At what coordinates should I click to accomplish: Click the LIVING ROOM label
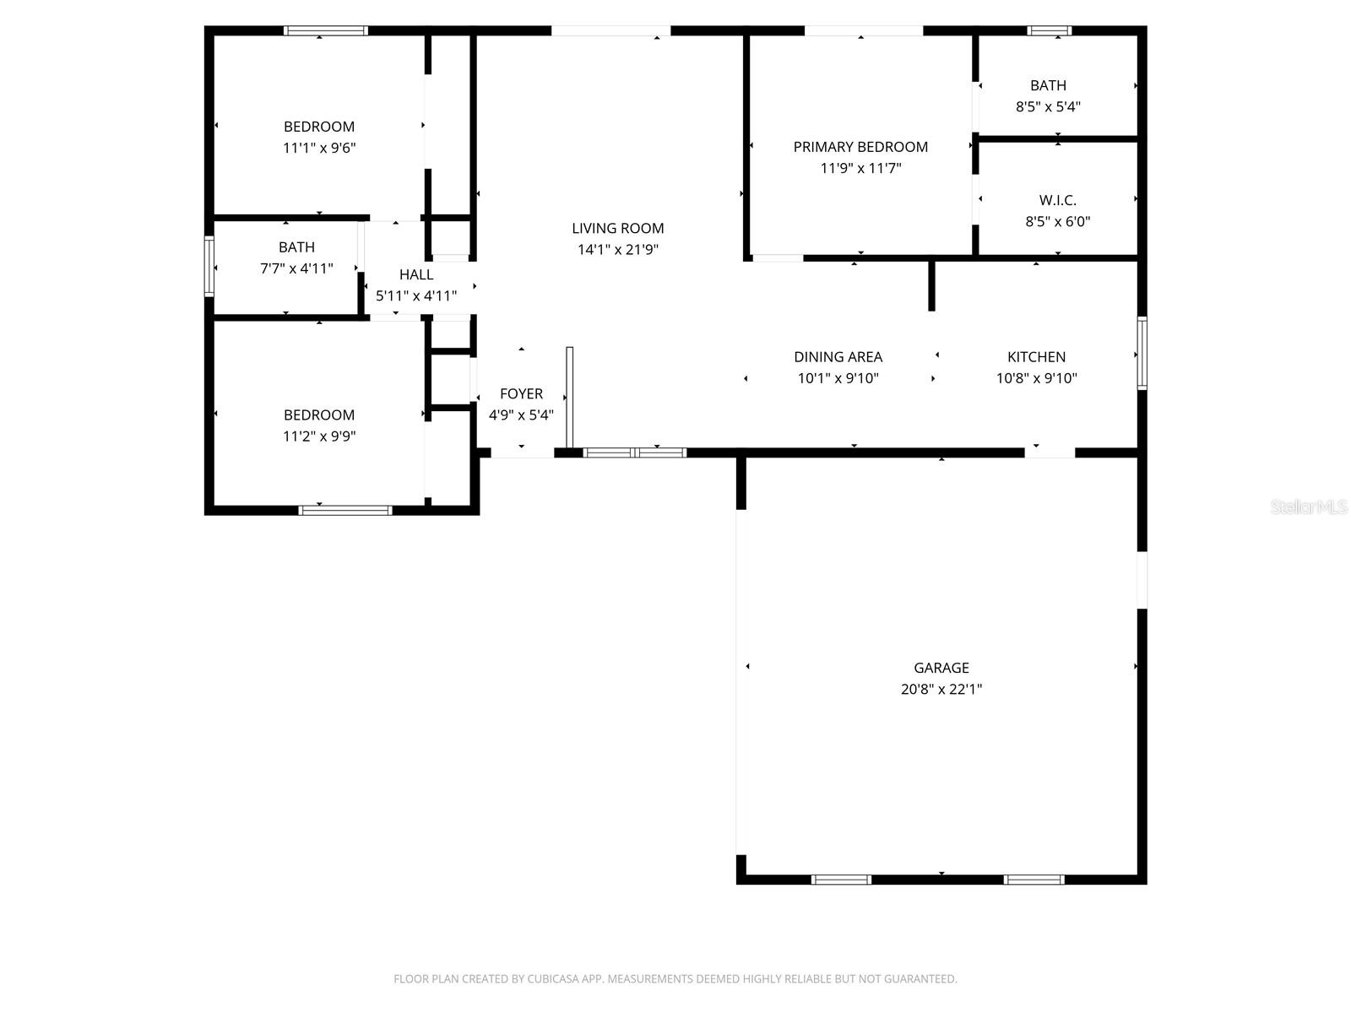618,228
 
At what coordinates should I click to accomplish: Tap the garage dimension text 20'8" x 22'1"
941,689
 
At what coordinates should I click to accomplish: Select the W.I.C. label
1057,200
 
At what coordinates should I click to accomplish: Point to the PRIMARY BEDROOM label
860,147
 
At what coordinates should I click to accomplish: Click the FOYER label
521,393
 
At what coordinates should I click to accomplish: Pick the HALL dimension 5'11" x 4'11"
416,295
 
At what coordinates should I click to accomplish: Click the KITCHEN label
1036,356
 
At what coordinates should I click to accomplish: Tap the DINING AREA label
838,356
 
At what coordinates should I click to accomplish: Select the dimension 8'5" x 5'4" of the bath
1048,106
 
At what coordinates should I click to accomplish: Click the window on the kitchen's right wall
1142,353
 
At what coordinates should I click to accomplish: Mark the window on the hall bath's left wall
209,267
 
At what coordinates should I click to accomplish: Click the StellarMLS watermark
1308,506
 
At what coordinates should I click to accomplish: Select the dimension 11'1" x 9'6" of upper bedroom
319,148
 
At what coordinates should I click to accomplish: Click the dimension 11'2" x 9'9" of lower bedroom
319,436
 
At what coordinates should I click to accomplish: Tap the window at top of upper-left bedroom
325,30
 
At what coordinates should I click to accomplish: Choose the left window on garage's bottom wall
841,880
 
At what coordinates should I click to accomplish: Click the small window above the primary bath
1050,30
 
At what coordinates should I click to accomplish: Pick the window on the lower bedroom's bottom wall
345,510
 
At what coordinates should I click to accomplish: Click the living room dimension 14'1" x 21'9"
618,250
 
